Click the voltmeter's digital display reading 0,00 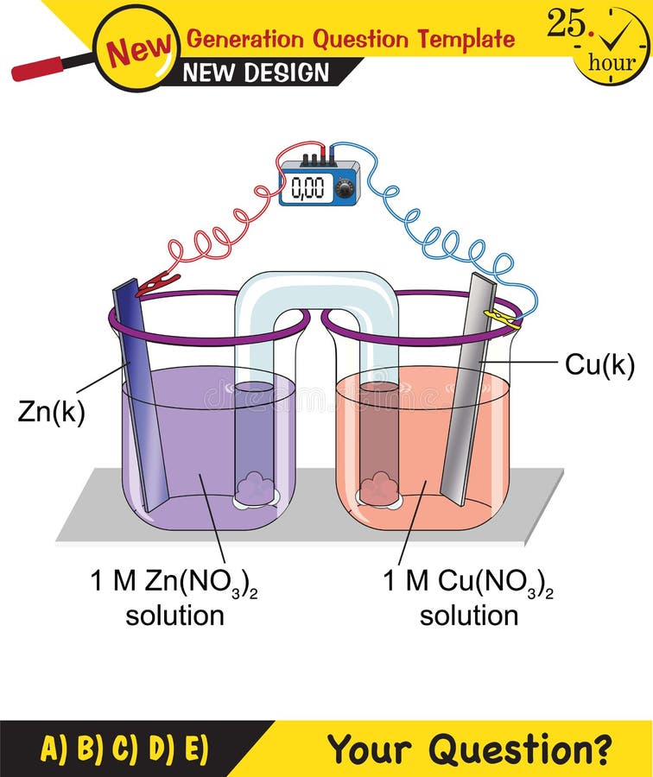point(307,186)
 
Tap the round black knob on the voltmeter point(344,189)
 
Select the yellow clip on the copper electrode point(502,319)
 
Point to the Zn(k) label point(51,412)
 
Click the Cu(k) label point(599,365)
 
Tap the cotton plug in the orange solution point(379,490)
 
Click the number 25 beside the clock point(566,24)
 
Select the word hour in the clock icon point(611,62)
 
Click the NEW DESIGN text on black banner point(256,73)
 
